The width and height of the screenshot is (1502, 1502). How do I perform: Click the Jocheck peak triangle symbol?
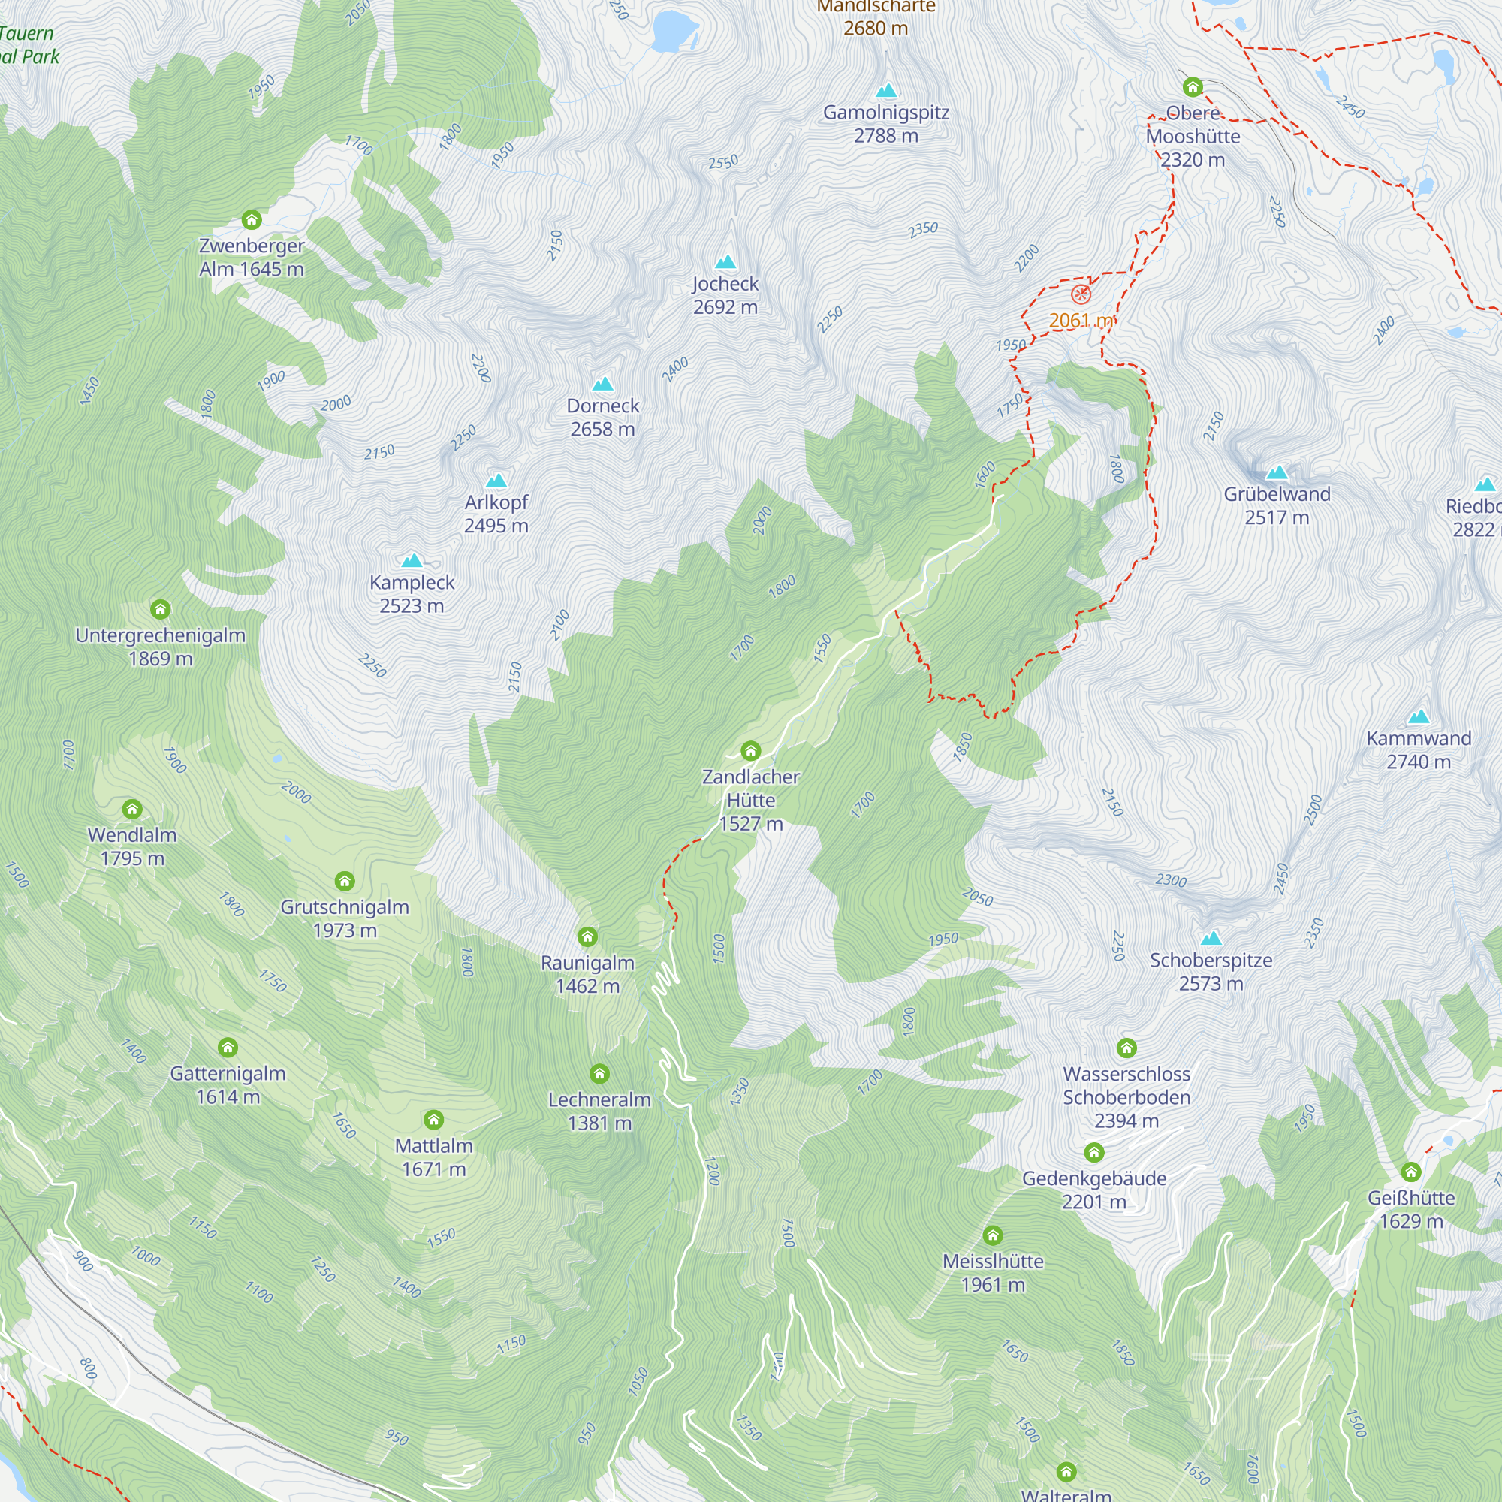(725, 262)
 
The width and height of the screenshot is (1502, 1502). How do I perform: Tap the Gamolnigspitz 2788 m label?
(885, 124)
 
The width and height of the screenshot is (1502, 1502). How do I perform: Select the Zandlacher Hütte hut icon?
(750, 750)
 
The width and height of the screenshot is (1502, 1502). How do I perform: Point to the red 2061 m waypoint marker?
(1081, 294)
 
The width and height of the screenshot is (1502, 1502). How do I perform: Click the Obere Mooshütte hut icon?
(1192, 86)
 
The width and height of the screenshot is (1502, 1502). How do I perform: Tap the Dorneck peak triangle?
(602, 384)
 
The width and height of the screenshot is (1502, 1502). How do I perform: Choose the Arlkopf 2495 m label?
(496, 514)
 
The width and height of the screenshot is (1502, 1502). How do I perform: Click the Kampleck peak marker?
(412, 560)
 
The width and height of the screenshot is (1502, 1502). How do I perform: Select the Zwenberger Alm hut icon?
(251, 219)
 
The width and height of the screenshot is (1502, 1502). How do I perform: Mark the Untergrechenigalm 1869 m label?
(160, 646)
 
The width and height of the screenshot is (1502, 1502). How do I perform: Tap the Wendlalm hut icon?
(132, 810)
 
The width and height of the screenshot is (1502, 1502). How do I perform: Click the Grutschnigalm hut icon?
(345, 881)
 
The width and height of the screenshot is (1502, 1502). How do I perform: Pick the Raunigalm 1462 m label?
(588, 973)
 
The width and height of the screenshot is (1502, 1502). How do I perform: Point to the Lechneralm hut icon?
(599, 1074)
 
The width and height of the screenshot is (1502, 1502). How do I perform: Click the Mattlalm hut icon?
(433, 1120)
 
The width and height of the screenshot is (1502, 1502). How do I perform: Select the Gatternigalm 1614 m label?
(228, 1084)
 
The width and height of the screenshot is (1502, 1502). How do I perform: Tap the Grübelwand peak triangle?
(1277, 472)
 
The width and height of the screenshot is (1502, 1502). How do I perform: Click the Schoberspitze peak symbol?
(1211, 938)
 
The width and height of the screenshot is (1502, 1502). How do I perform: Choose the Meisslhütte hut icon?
(992, 1235)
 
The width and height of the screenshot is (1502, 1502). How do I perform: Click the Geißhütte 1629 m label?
(1410, 1209)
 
